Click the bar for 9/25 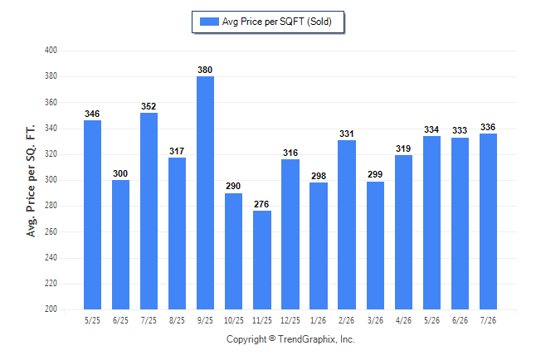(x=205, y=192)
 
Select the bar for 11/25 (x=262, y=260)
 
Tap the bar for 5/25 (x=92, y=215)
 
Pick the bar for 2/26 (x=347, y=225)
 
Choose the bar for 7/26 (x=488, y=221)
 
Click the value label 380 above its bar (x=205, y=70)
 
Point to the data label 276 (x=261, y=204)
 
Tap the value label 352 (x=149, y=107)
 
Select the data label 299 (x=375, y=175)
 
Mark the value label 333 (x=460, y=130)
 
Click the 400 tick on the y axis (x=51, y=51)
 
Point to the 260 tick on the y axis (x=51, y=231)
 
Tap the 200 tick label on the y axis (x=51, y=309)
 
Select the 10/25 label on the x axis (x=234, y=321)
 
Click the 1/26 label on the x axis (x=319, y=321)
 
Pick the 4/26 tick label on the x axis (x=403, y=321)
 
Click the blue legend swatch (x=209, y=22)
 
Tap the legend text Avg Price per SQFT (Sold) (x=277, y=22)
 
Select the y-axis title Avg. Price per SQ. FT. (x=31, y=181)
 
